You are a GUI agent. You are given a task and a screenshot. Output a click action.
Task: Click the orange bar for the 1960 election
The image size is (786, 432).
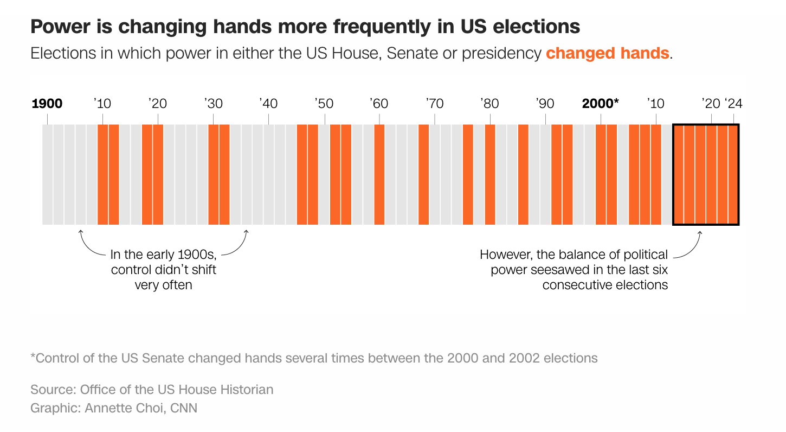click(x=379, y=174)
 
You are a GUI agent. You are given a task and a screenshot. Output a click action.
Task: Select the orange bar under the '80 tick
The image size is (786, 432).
click(x=490, y=174)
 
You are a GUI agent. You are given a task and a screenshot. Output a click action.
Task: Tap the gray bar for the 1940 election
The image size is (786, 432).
click(x=269, y=174)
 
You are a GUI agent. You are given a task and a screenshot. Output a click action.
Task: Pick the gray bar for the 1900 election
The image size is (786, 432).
click(x=48, y=174)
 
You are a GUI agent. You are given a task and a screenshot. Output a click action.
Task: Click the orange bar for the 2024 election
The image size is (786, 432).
click(x=733, y=174)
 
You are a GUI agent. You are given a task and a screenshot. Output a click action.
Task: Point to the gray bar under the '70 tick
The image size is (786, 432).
click(x=435, y=174)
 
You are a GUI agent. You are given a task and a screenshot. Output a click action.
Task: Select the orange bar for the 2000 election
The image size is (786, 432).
click(x=601, y=174)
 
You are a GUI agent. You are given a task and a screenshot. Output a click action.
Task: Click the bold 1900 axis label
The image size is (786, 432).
click(x=47, y=103)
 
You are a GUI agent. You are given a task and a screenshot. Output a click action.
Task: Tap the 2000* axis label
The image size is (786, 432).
click(x=600, y=103)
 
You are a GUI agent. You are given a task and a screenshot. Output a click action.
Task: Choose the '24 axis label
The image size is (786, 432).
click(x=733, y=103)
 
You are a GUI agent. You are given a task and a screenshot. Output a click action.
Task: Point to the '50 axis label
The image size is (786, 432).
click(x=324, y=103)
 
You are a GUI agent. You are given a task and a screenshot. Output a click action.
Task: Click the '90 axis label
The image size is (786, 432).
click(x=545, y=103)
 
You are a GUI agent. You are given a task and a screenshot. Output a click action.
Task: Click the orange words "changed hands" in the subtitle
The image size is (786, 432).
click(x=607, y=53)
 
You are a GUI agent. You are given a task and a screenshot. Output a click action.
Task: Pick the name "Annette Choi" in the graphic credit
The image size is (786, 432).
click(x=125, y=408)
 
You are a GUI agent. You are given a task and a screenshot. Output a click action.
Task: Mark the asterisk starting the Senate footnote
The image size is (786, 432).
click(x=33, y=357)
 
